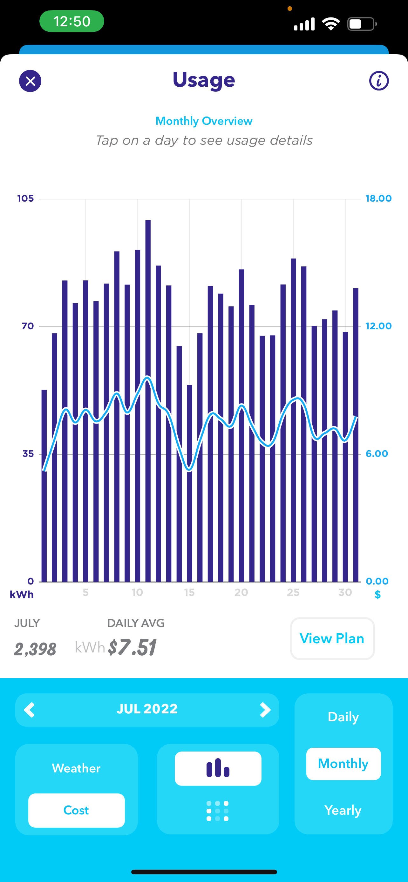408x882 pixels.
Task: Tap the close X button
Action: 30,81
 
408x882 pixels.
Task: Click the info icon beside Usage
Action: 379,81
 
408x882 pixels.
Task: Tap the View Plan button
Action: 332,638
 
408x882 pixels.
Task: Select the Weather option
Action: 76,768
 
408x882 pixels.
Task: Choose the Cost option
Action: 76,811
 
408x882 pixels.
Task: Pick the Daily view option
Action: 343,717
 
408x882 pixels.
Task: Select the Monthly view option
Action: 343,764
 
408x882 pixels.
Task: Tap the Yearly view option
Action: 343,811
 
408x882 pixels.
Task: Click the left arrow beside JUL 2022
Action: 30,710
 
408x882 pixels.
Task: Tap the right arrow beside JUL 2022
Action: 265,710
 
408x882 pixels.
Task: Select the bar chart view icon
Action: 218,768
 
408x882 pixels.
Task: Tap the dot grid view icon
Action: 218,811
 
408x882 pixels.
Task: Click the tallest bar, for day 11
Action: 148,401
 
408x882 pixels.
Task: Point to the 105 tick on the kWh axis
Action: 26,198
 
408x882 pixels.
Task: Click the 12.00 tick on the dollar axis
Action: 378,326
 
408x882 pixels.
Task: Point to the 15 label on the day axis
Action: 189,592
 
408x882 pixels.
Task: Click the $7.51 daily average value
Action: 132,647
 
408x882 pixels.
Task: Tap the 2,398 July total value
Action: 35,649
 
